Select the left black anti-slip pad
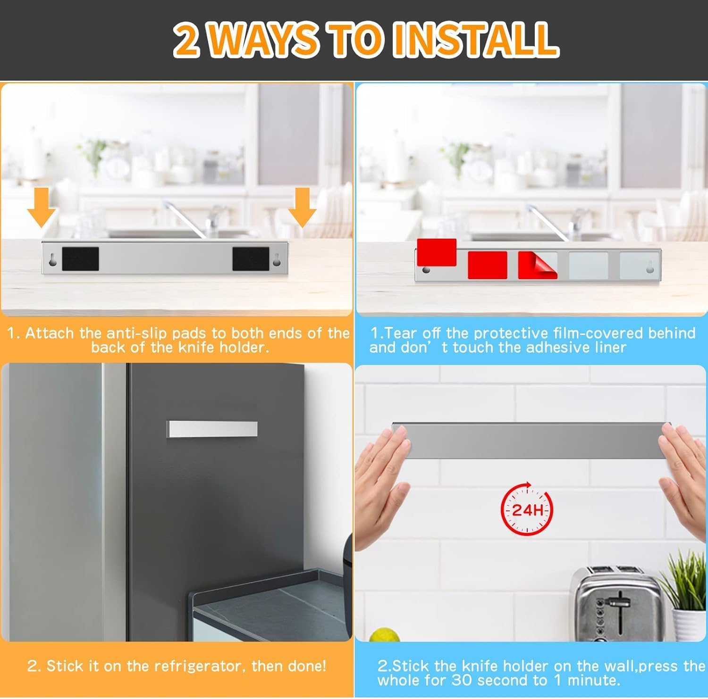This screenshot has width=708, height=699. tap(80, 259)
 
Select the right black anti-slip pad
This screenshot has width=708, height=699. tap(251, 259)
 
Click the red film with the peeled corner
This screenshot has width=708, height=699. tap(537, 265)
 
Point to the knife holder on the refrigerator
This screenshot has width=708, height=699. tap(212, 429)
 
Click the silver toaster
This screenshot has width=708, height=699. tap(614, 604)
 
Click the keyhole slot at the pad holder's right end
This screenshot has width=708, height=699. tap(277, 259)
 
